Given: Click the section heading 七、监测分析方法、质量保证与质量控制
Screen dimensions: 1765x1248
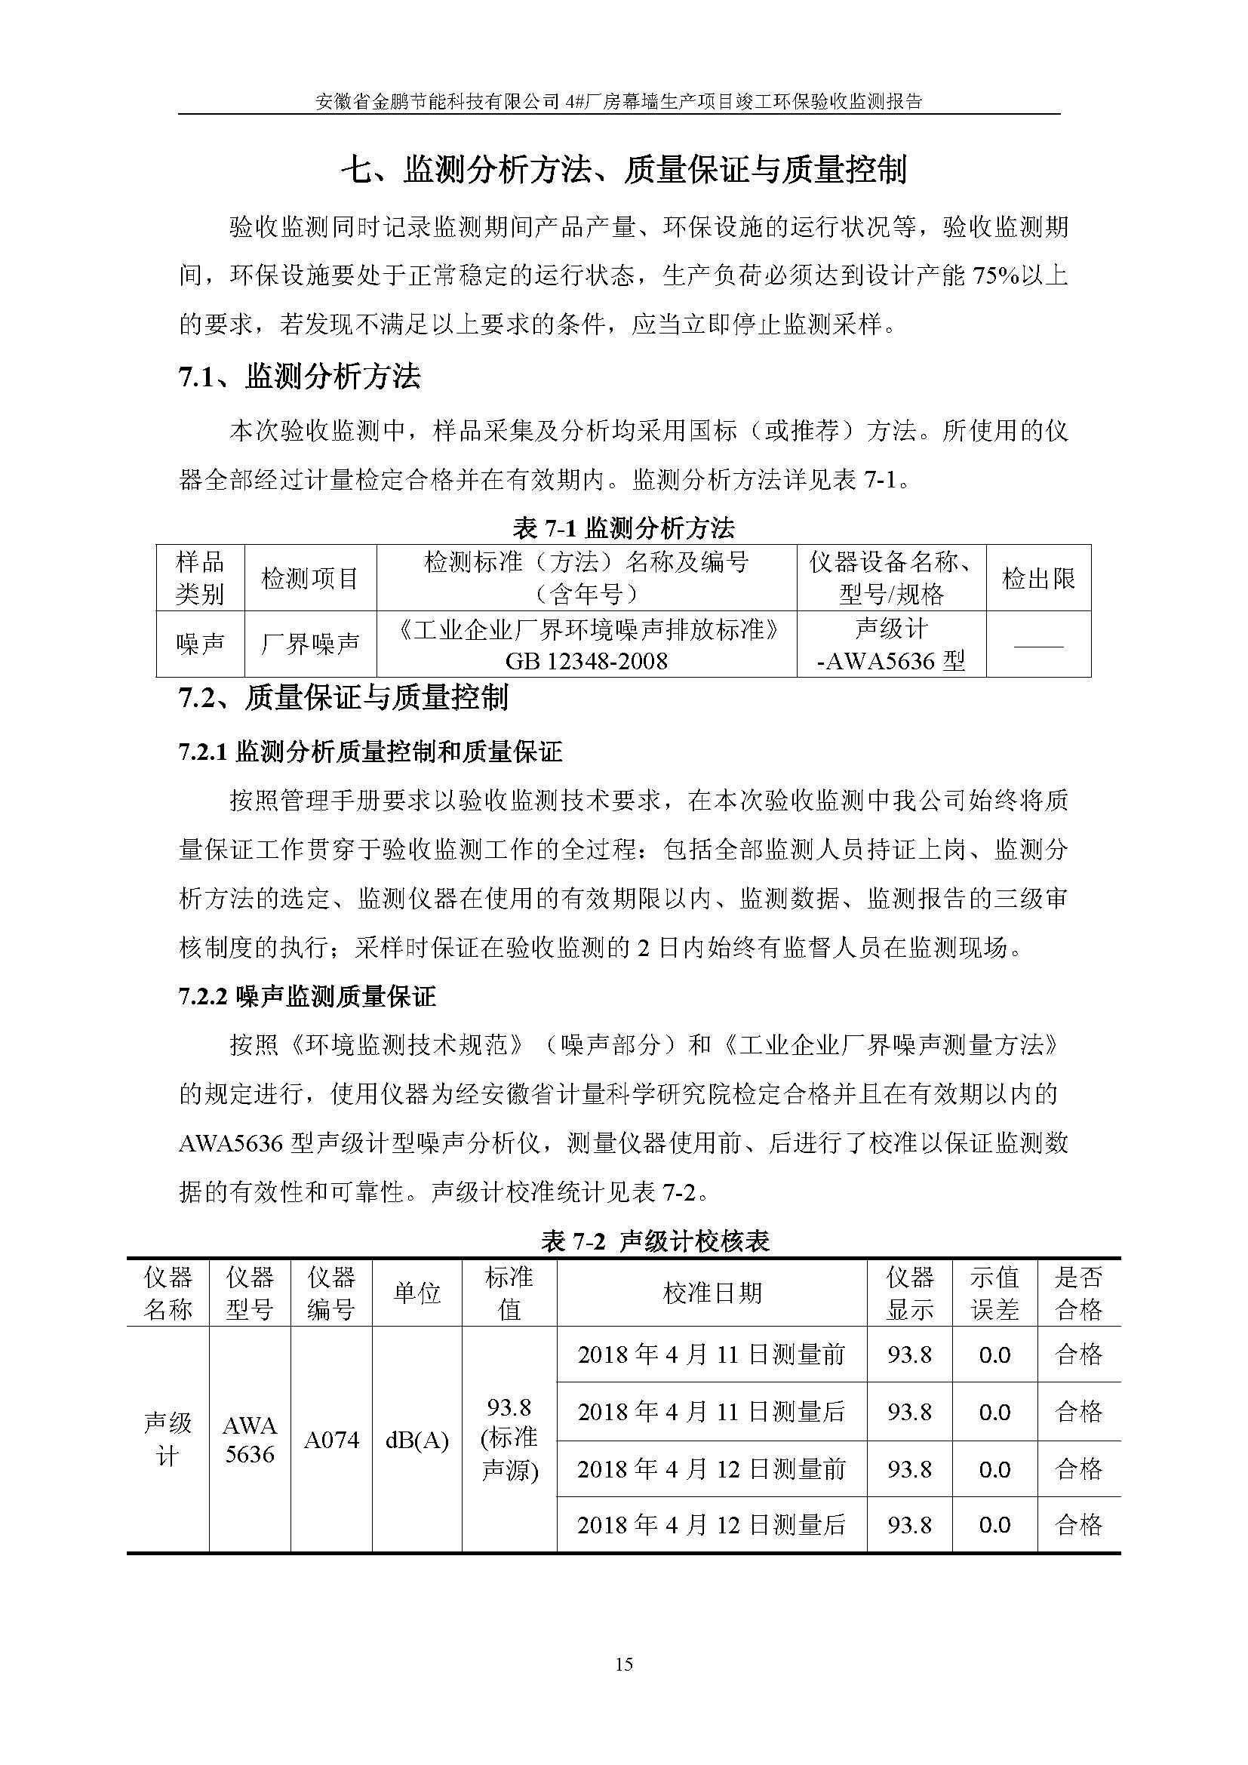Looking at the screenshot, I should point(624,169).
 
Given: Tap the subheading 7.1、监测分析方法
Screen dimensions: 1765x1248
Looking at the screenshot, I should point(300,377).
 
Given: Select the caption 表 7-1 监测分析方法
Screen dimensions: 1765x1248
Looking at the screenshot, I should point(623,528).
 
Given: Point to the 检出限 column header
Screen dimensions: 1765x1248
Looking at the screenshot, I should point(1037,578).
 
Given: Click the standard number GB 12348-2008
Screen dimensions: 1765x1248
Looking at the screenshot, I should point(586,660).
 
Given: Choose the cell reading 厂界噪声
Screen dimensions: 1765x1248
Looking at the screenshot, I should point(309,644).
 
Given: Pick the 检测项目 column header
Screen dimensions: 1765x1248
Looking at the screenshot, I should point(309,578).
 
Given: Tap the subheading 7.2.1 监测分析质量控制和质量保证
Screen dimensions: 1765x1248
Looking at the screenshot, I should point(370,751).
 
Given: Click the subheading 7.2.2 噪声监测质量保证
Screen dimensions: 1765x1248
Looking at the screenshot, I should point(307,997).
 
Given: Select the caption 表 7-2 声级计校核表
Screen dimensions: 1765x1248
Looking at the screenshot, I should point(656,1241).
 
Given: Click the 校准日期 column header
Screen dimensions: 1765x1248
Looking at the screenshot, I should point(712,1293).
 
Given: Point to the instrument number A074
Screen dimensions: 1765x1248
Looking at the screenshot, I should point(331,1440).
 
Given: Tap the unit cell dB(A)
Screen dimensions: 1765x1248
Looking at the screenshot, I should point(417,1440).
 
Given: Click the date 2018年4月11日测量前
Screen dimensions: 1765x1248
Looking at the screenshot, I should point(712,1354).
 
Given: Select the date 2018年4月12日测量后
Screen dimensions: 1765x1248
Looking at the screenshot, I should point(712,1524).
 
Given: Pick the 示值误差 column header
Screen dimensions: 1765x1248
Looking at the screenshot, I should point(994,1293).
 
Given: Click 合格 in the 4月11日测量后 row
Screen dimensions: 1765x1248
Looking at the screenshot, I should point(1079,1411).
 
